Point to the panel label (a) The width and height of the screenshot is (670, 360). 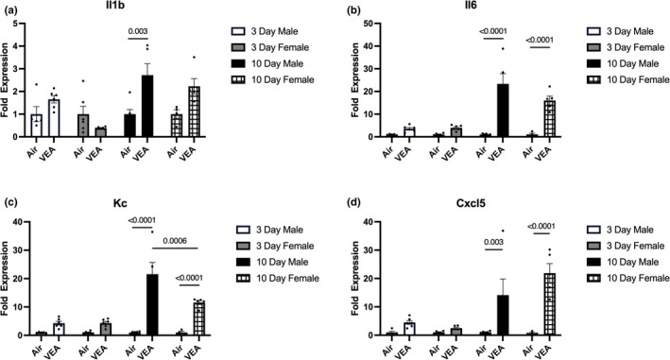(13, 8)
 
